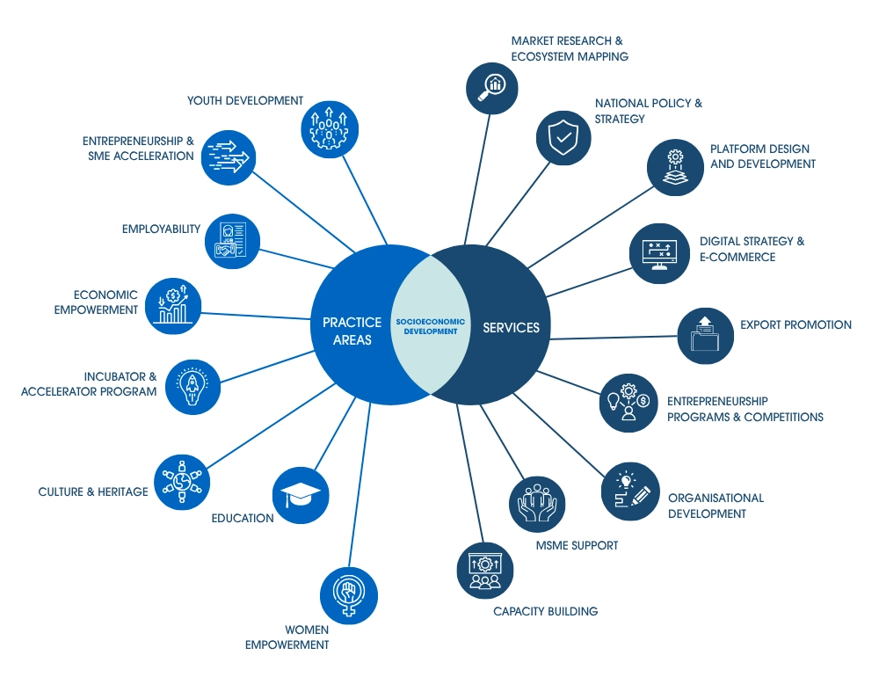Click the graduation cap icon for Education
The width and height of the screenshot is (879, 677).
(x=301, y=496)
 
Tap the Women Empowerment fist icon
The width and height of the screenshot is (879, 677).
(x=348, y=594)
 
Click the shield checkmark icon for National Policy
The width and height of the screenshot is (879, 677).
(x=563, y=137)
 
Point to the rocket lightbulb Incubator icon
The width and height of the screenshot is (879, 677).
(x=193, y=387)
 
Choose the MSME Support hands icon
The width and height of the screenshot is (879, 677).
(x=537, y=506)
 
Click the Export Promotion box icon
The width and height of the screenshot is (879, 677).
(x=705, y=335)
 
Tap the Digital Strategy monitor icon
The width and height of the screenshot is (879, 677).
(x=659, y=255)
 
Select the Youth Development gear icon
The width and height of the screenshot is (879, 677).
(x=328, y=126)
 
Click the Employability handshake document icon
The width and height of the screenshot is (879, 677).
(x=233, y=242)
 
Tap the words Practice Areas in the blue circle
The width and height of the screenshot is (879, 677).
(x=352, y=331)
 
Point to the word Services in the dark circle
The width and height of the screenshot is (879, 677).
(x=511, y=328)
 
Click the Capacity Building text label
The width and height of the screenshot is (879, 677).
(x=545, y=611)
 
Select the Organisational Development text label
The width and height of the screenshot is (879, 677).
(x=715, y=506)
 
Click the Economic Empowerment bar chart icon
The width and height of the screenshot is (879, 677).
(x=172, y=305)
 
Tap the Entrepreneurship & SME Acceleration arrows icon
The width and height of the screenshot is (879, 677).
(x=229, y=157)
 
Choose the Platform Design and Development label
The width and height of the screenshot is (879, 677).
(x=762, y=157)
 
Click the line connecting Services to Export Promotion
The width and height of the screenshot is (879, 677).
(x=615, y=337)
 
